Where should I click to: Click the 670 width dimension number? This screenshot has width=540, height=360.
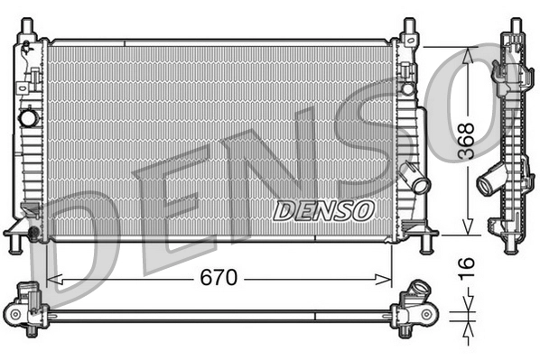[219, 278]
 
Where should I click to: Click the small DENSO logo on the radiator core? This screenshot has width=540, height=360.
[323, 211]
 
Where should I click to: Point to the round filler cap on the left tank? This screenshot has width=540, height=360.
[28, 117]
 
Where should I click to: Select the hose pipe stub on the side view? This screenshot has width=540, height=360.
[487, 184]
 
